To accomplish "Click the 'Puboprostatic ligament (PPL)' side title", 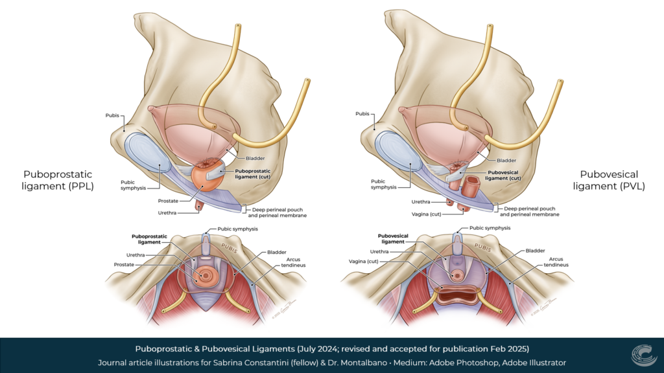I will pyautogui.click(x=58, y=180).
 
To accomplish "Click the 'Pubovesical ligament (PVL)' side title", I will pyautogui.click(x=609, y=180).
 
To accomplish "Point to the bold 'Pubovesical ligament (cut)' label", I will pyautogui.click(x=495, y=175).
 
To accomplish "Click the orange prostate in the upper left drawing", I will pyautogui.click(x=207, y=179).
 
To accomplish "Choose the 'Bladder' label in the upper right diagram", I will pyautogui.click(x=506, y=159).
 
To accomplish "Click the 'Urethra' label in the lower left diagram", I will pyautogui.click(x=136, y=254).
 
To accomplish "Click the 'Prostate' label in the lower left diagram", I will pyautogui.click(x=125, y=264).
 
